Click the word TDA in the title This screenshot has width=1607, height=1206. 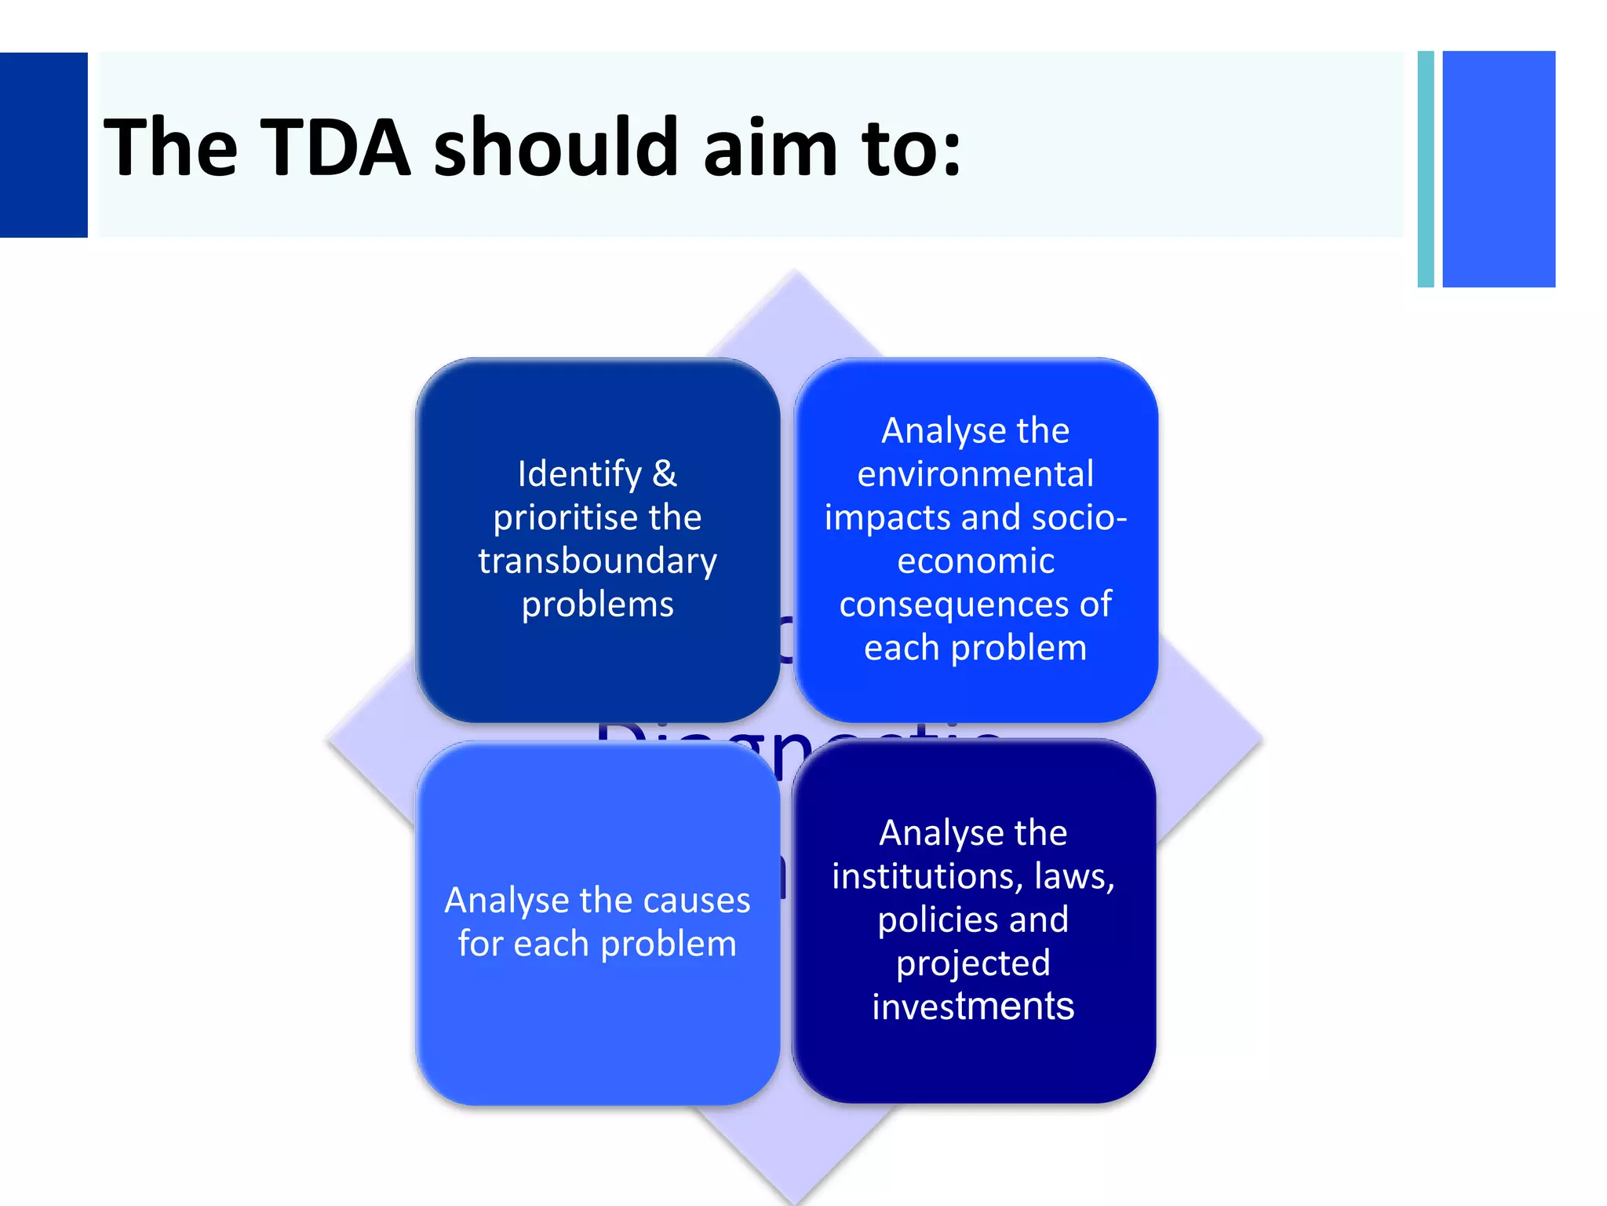[336, 147]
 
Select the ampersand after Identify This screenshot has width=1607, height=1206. [664, 473]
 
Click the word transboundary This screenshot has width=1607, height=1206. [597, 561]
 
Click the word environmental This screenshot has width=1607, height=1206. [975, 474]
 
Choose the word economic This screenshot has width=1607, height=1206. [975, 561]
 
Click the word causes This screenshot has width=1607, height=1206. [695, 901]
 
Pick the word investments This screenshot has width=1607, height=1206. [973, 1007]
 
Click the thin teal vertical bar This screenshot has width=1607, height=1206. [1426, 169]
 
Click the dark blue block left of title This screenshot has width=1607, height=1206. [43, 144]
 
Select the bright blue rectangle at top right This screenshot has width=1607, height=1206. [1499, 169]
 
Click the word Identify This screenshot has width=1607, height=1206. [579, 473]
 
